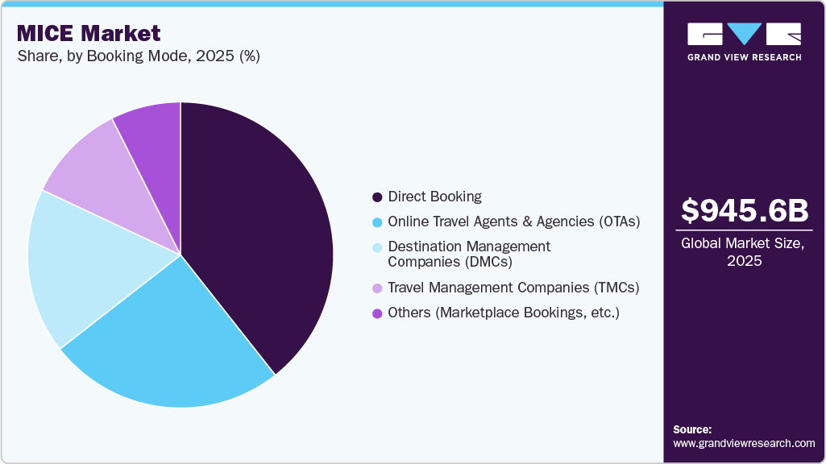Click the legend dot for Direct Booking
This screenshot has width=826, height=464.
pyautogui.click(x=376, y=197)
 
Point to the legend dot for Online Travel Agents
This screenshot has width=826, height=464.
pyautogui.click(x=376, y=222)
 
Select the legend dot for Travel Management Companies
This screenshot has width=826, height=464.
pyautogui.click(x=376, y=288)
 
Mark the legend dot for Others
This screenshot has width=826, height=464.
pyautogui.click(x=376, y=313)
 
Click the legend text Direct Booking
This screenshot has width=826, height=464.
pyautogui.click(x=434, y=197)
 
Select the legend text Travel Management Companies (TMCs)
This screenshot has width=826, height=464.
pyautogui.click(x=513, y=288)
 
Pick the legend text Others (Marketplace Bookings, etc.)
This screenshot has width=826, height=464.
pyautogui.click(x=503, y=313)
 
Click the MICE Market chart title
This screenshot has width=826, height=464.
pyautogui.click(x=88, y=33)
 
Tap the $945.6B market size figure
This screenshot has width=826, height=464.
pyautogui.click(x=744, y=211)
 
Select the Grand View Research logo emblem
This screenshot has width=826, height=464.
pyautogui.click(x=744, y=34)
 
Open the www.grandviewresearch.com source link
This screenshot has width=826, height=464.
pyautogui.click(x=744, y=443)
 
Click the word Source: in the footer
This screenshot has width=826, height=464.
pyautogui.click(x=692, y=429)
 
